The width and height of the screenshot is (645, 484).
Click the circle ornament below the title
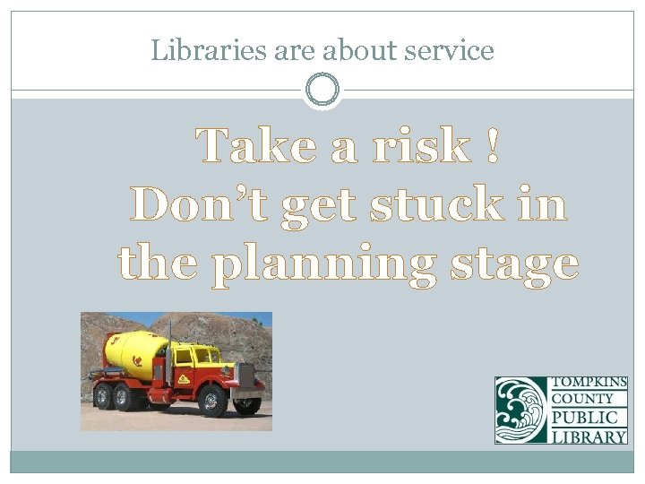tap(322, 90)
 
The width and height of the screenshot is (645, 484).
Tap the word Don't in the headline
tap(199, 204)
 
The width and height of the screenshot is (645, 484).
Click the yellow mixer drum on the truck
tap(135, 350)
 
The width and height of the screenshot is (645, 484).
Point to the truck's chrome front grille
tap(245, 376)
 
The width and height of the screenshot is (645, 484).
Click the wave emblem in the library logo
tap(520, 410)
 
